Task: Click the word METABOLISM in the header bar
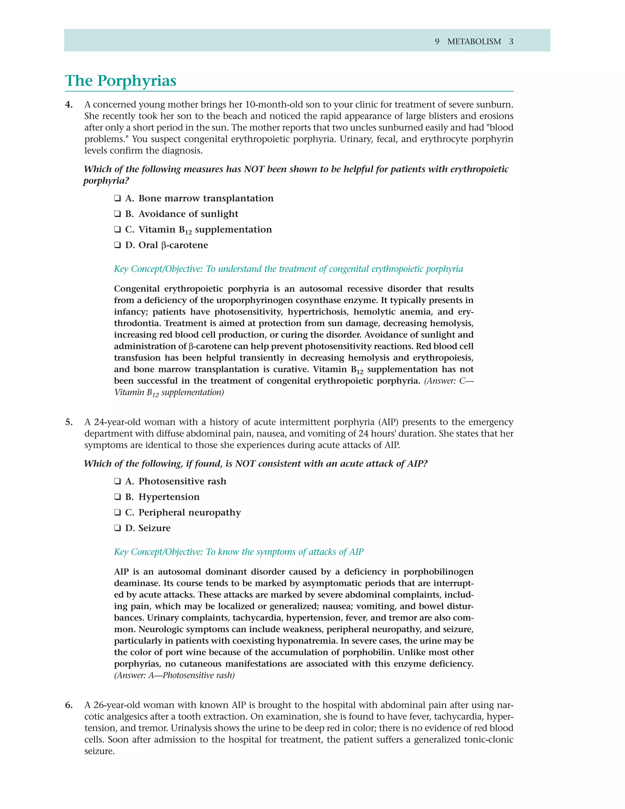474,42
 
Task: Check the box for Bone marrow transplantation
117,198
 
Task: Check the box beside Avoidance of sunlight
117,214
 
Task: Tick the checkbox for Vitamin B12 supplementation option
117,230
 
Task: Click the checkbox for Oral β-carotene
117,245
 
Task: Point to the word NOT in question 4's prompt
254,169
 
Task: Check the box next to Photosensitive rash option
117,481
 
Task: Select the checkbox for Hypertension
117,497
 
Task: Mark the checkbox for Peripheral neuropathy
117,513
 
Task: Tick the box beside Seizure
117,528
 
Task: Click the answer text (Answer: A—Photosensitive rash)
174,675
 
